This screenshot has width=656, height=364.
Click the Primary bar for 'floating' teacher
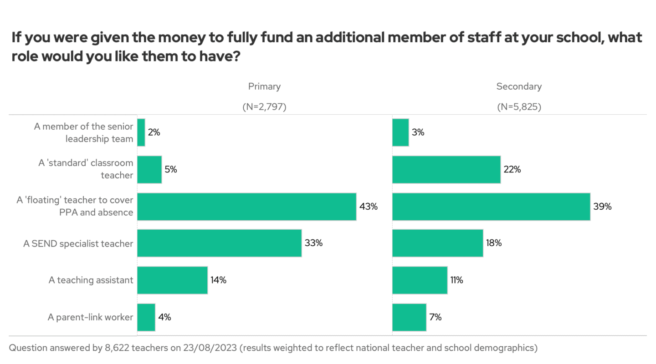pos(246,207)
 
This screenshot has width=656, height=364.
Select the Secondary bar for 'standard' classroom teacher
pos(446,170)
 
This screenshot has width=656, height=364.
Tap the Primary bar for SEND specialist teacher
pos(219,243)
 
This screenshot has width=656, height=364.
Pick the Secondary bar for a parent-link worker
pos(409,317)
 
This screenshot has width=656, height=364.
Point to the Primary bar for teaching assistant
pos(172,280)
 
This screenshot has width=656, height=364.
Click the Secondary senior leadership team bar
pos(400,133)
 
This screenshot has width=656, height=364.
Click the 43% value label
pos(369,207)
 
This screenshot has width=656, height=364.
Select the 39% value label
pos(602,207)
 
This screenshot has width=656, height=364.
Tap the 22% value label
pos(512,170)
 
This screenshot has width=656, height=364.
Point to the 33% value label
pos(313,243)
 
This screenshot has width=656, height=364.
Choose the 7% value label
pos(435,317)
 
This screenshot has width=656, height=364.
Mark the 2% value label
pos(154,133)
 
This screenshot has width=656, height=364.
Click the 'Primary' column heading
pos(264,86)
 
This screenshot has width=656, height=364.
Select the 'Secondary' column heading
pos(519,86)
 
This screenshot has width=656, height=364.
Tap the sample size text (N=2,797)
pos(264,107)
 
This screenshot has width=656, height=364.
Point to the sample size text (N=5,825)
pos(519,107)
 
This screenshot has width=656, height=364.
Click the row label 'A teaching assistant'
pos(91,280)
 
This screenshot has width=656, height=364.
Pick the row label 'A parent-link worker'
pos(90,317)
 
